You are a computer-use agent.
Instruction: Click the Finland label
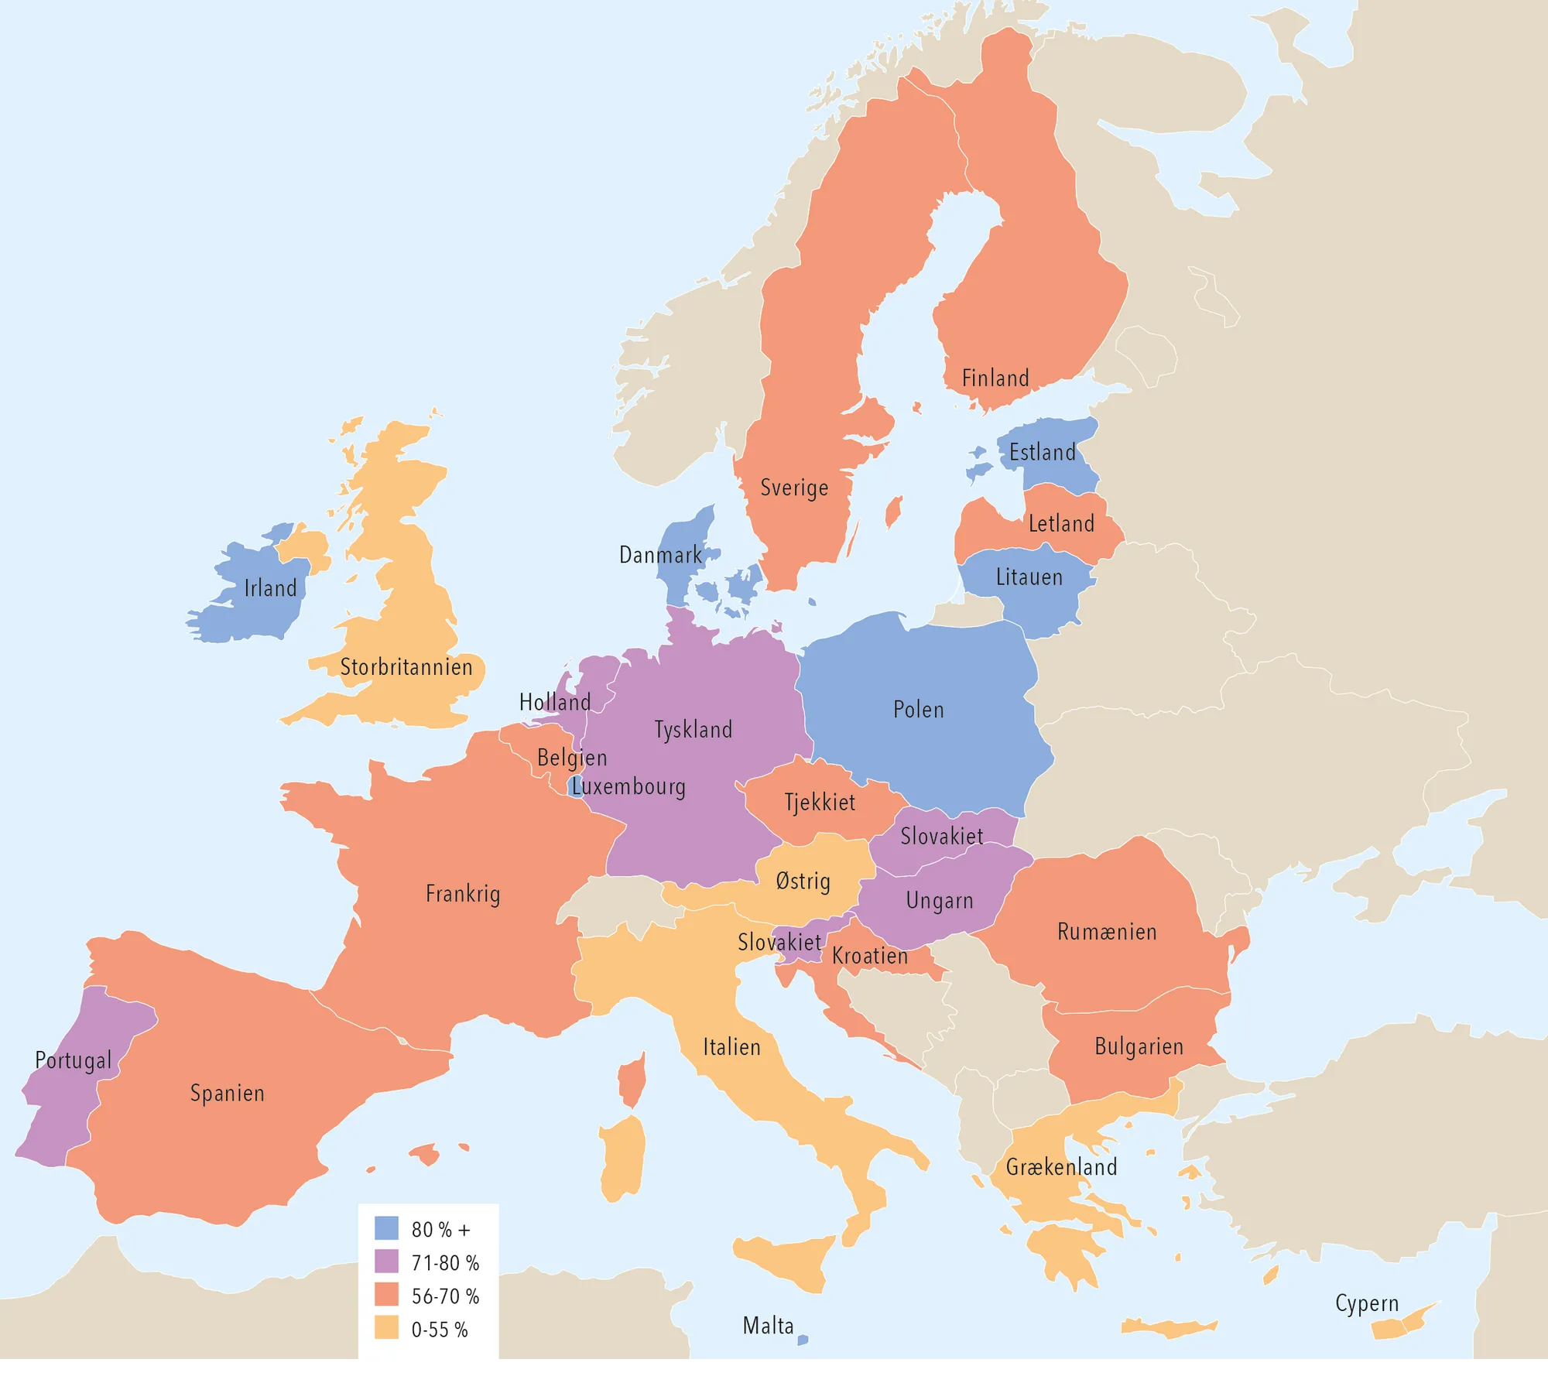click(x=995, y=378)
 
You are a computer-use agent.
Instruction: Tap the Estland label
click(x=1043, y=453)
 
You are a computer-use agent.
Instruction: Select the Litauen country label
click(x=1029, y=577)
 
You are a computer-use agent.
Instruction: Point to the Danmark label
click(x=660, y=555)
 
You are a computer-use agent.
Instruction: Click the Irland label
click(x=271, y=588)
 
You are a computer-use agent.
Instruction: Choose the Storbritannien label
click(x=406, y=667)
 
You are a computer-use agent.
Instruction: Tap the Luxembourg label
click(x=628, y=787)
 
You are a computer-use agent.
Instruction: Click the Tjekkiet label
click(x=820, y=803)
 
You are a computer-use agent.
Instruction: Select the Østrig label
click(x=803, y=882)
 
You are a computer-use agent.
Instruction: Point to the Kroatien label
click(x=870, y=957)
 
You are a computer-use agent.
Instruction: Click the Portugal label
click(x=74, y=1060)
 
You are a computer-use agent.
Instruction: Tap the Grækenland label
click(x=1061, y=1167)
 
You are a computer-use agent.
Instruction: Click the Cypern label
click(x=1367, y=1303)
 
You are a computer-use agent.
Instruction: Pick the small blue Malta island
click(x=803, y=1340)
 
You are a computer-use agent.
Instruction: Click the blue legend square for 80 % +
click(x=386, y=1228)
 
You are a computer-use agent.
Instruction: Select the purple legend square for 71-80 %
click(x=386, y=1262)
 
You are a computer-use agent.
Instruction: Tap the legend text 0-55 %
click(x=440, y=1330)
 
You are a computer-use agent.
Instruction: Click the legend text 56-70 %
click(x=445, y=1296)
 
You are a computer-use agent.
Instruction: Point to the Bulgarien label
click(x=1139, y=1047)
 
